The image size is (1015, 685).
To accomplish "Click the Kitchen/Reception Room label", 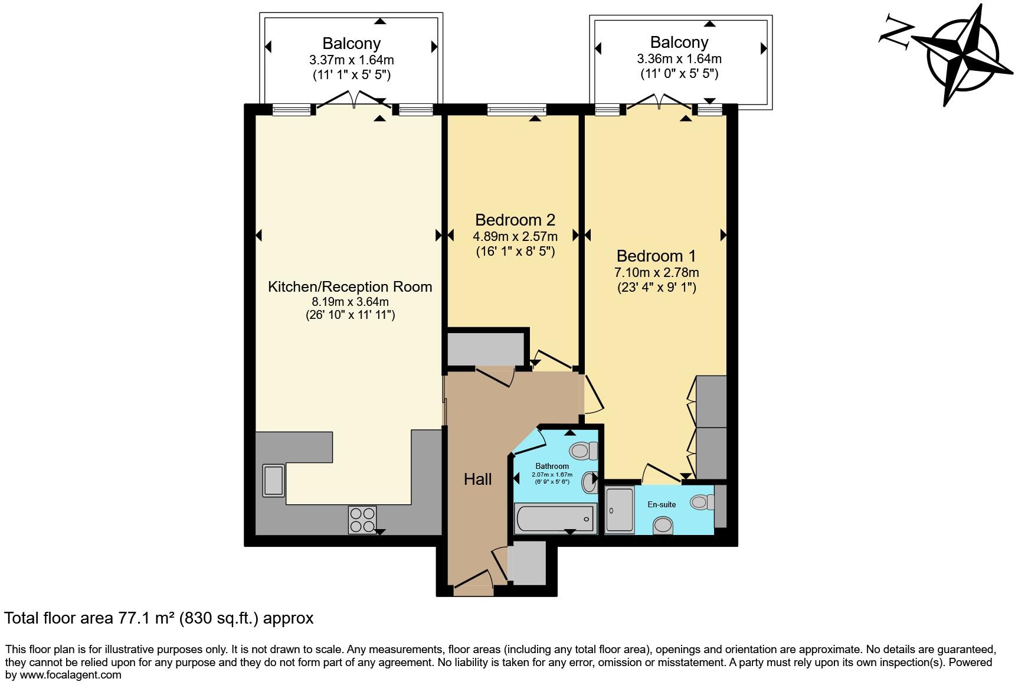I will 350,287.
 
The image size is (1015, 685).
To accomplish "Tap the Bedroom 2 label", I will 515,220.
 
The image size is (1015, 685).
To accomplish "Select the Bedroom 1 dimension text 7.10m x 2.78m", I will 656,273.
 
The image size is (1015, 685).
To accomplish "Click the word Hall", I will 477,479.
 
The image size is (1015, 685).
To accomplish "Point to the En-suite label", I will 662,504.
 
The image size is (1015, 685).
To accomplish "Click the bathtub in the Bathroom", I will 555,519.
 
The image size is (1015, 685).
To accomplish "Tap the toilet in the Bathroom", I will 584,451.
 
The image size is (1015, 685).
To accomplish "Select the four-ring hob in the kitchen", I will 362,520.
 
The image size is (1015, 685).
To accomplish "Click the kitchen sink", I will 274,480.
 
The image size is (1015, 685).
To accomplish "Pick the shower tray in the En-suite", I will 619,510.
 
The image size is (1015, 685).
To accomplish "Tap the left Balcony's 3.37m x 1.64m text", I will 351,60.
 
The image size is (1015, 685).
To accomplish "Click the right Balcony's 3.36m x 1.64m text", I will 679,59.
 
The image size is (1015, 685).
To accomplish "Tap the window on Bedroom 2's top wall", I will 516,109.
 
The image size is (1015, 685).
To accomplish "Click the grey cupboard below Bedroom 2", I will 486,350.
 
